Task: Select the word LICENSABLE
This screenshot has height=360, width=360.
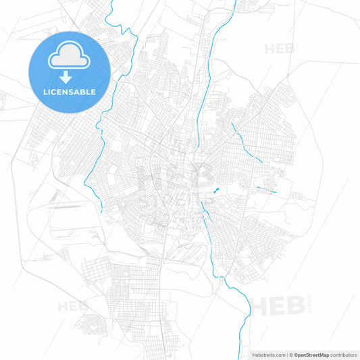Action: tap(69, 92)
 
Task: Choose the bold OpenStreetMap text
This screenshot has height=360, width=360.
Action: tap(311, 354)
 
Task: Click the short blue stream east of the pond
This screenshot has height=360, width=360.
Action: tap(267, 190)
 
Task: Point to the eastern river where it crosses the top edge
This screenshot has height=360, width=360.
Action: tap(234, 3)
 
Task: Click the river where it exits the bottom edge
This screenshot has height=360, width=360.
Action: tap(241, 356)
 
